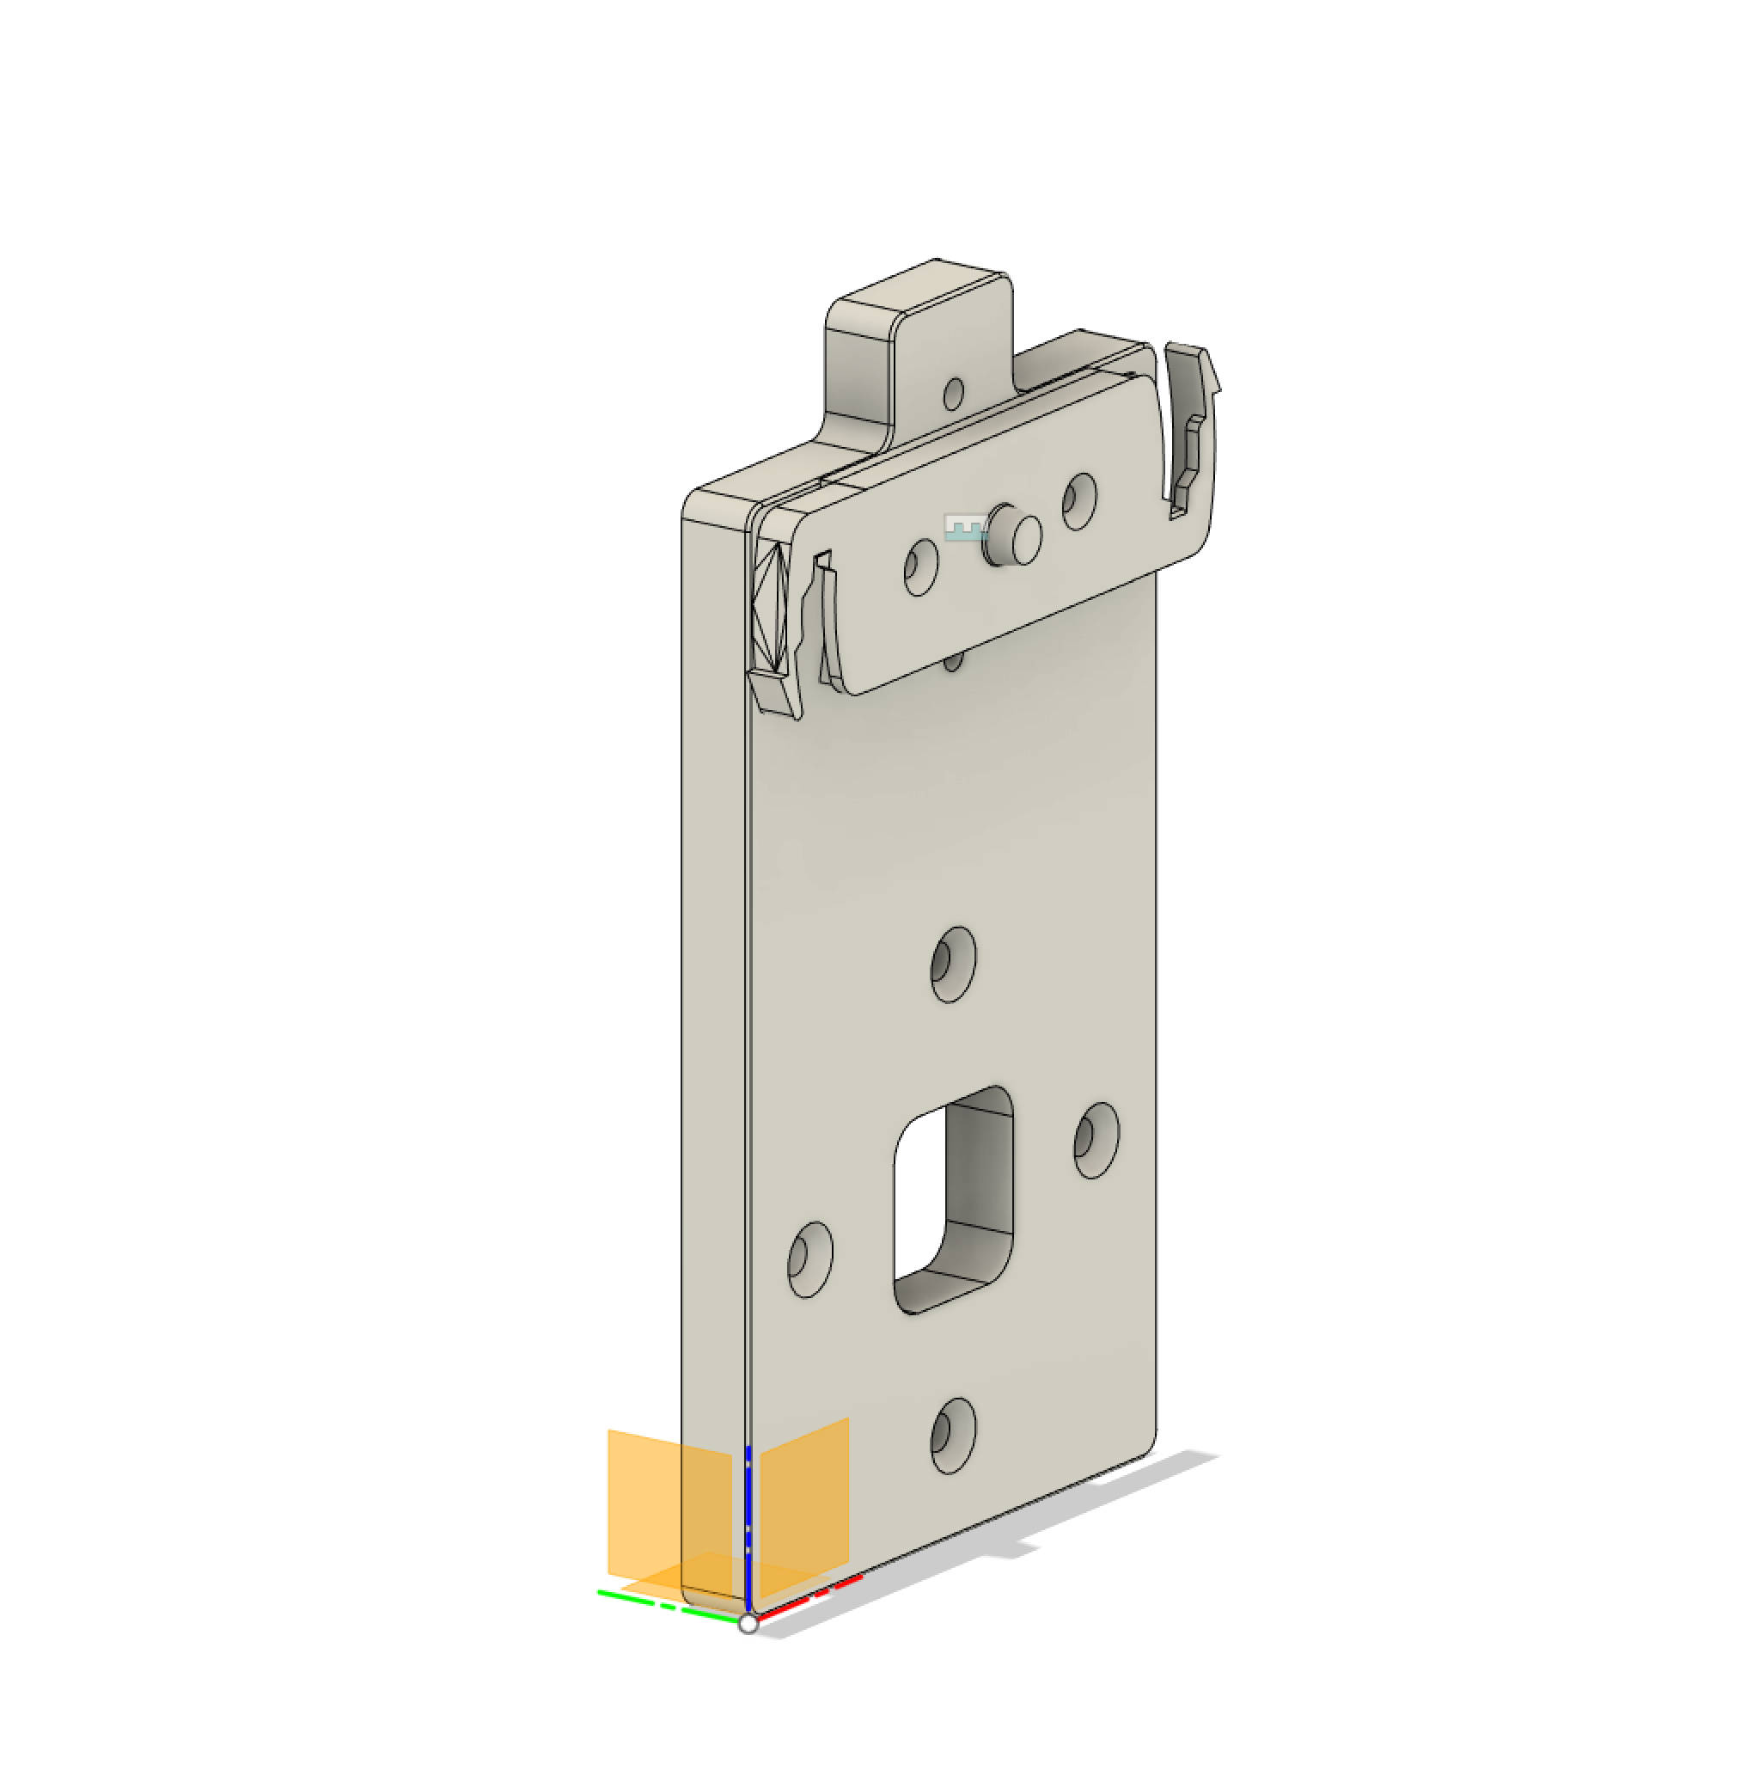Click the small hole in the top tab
pos(954,394)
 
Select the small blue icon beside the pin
pos(964,528)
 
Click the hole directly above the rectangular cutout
pos(953,965)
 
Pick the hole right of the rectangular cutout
pos(1096,1140)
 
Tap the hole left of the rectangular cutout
pos(809,1259)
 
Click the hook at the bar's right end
pos(1194,423)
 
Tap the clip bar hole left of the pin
pos(920,567)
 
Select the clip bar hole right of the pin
pos(1079,501)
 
